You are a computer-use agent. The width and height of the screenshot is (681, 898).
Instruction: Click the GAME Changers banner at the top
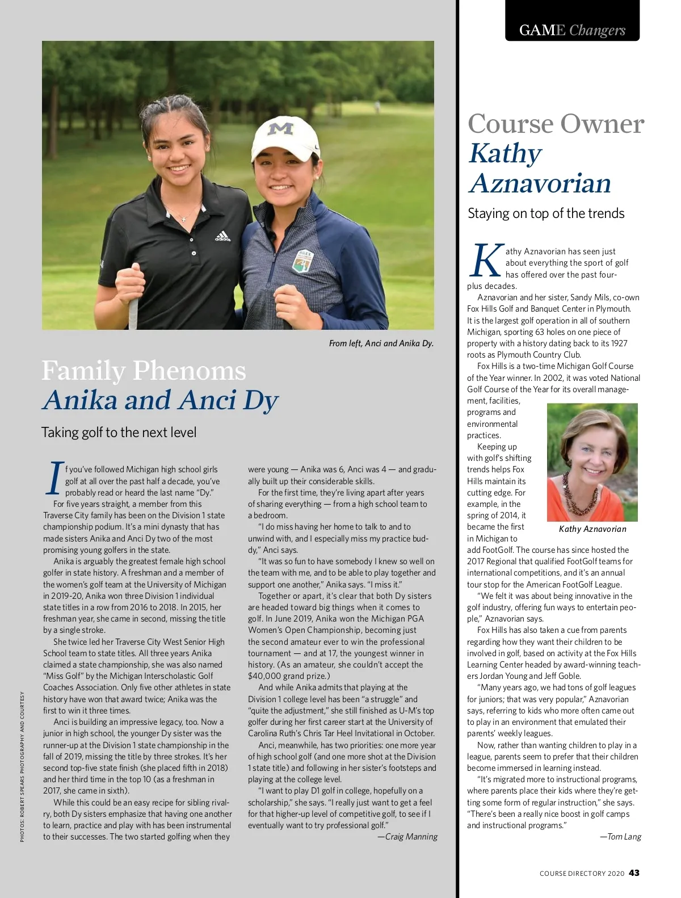click(572, 30)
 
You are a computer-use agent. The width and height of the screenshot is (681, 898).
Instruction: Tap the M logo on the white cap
click(280, 128)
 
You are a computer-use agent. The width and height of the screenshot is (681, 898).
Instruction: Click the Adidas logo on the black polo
click(222, 236)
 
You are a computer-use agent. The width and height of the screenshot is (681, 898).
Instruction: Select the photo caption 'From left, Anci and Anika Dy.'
click(381, 343)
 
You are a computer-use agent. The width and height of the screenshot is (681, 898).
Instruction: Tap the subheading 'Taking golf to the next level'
click(119, 433)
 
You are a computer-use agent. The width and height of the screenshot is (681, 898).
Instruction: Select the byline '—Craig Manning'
click(407, 837)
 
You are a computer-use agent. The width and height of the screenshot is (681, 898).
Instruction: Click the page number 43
click(634, 873)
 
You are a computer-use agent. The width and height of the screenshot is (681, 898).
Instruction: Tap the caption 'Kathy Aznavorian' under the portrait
click(592, 529)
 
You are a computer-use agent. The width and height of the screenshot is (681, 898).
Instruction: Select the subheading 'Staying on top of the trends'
click(545, 213)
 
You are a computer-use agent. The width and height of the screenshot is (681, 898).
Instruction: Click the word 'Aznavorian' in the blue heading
click(540, 183)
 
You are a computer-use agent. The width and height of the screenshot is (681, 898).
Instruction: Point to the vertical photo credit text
click(22, 766)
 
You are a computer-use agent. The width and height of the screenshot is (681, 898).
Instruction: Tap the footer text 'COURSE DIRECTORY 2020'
click(582, 874)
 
